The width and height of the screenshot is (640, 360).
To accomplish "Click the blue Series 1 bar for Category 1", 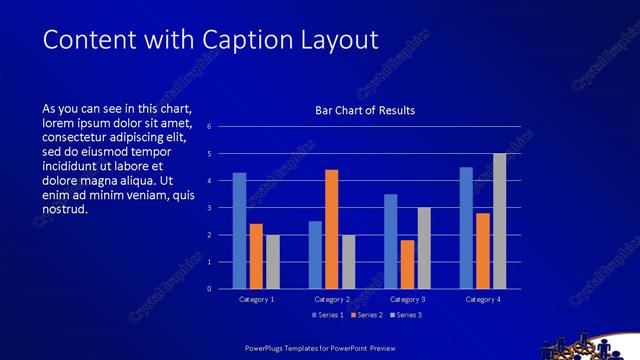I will coord(239,231).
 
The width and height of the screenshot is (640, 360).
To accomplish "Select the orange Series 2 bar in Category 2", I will coord(331,229).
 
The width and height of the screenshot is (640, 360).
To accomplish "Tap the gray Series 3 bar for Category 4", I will coord(499,221).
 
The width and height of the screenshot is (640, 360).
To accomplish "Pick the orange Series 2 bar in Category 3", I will coord(407,264).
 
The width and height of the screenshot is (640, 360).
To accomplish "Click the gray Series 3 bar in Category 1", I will coord(272,262).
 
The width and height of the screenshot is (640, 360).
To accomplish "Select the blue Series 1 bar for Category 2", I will coord(315,255).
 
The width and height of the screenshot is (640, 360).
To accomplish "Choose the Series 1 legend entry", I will coord(327,315).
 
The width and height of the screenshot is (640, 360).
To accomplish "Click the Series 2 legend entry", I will coord(366,315).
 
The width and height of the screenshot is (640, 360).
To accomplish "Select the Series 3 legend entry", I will coord(405,315).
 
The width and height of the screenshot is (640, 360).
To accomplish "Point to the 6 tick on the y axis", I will coord(210,127).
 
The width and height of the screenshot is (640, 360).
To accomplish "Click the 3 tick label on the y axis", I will coord(210,208).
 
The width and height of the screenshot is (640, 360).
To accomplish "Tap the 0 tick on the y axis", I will coord(210,289).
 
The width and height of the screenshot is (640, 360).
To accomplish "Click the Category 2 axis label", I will coord(332,299).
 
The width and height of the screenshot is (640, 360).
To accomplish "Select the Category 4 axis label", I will coord(483,299).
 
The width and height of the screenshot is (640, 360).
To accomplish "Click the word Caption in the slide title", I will coord(246,39).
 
